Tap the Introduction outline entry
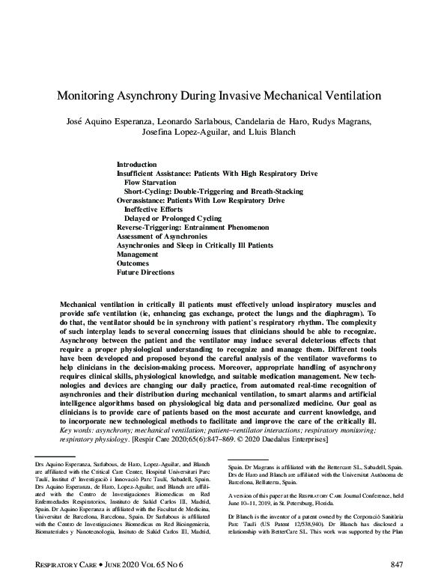tap(137, 164)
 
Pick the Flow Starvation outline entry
tap(150, 182)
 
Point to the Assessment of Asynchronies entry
tap(162, 236)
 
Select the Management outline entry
tap(137, 254)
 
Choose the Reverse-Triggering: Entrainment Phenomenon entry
tap(192, 228)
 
